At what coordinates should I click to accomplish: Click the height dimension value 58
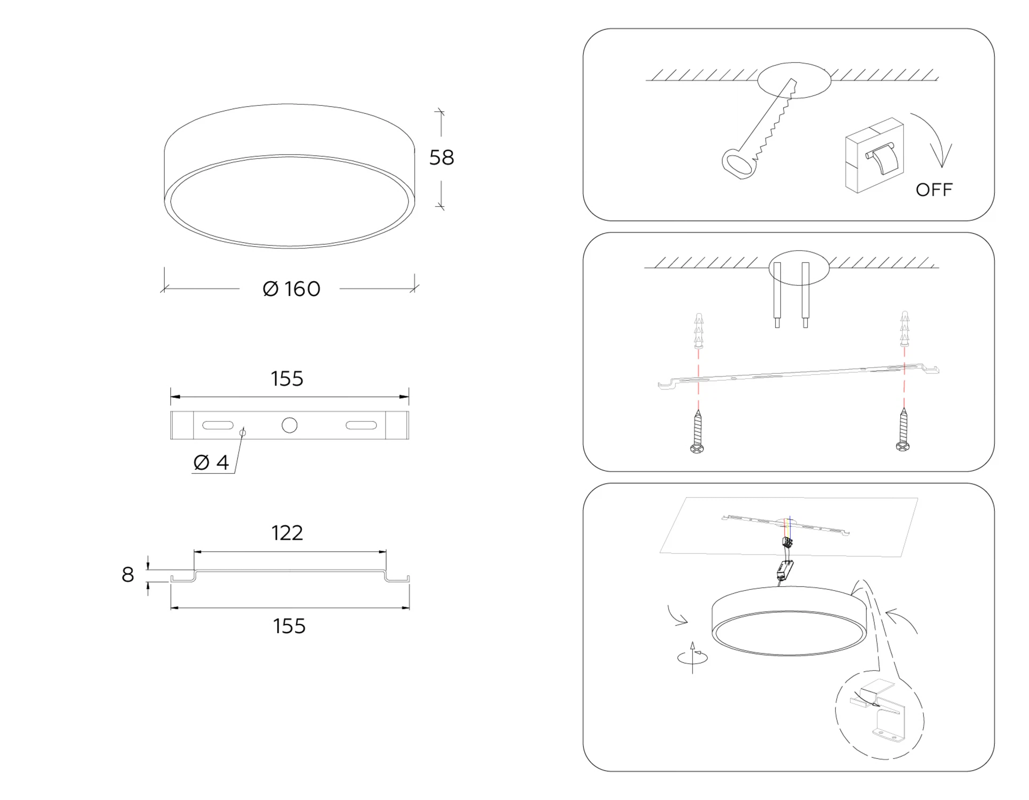[x=442, y=157]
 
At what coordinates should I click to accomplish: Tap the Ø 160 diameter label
[x=292, y=289]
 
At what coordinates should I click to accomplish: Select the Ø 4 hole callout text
[x=211, y=462]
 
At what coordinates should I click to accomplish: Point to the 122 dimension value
[x=287, y=533]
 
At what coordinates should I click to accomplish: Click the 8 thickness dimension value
[x=127, y=574]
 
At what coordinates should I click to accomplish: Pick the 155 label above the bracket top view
[x=287, y=379]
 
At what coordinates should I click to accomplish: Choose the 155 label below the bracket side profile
[x=289, y=626]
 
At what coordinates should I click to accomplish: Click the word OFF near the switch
[x=934, y=190]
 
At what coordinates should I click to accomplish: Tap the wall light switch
[x=875, y=155]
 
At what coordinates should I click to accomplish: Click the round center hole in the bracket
[x=290, y=425]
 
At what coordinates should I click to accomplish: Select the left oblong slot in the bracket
[x=218, y=425]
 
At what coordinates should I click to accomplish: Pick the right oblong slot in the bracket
[x=361, y=425]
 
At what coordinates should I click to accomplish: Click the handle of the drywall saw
[x=739, y=163]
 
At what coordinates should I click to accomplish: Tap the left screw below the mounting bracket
[x=697, y=431]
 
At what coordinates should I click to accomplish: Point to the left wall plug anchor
[x=699, y=330]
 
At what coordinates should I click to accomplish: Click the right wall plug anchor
[x=904, y=329]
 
